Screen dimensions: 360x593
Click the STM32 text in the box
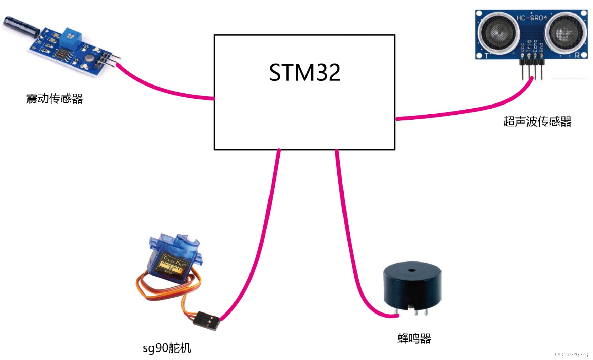[304, 73]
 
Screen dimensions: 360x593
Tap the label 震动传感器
[55, 99]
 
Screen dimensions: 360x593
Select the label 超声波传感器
[537, 121]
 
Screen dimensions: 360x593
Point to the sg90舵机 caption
[167, 348]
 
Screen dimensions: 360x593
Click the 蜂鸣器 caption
[414, 338]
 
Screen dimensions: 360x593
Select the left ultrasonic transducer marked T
[498, 33]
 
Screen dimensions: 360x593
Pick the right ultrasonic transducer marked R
[565, 33]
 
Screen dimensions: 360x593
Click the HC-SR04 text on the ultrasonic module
[532, 18]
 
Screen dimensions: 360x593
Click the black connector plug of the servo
[208, 320]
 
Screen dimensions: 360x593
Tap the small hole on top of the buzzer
[412, 270]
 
